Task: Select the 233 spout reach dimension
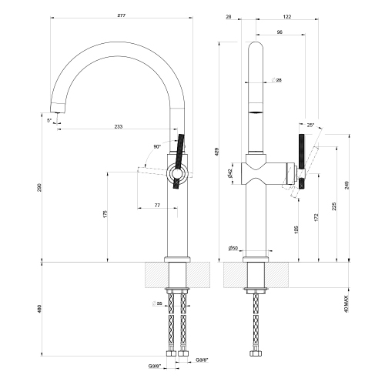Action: (117, 126)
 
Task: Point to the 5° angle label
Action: (49, 120)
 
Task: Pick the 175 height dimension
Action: (107, 214)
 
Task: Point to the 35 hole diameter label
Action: (159, 305)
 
